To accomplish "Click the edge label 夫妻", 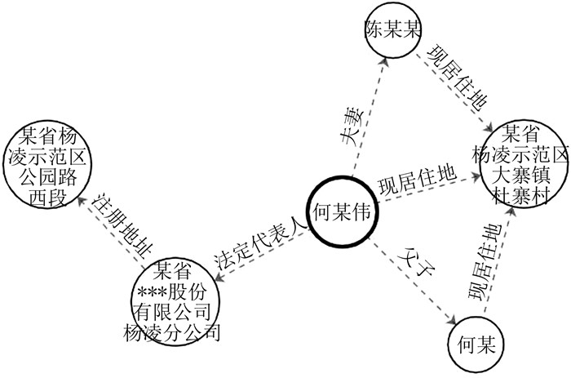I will click(356, 130).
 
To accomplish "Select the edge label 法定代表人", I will click(260, 242).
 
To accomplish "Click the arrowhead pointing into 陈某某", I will click(383, 64).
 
